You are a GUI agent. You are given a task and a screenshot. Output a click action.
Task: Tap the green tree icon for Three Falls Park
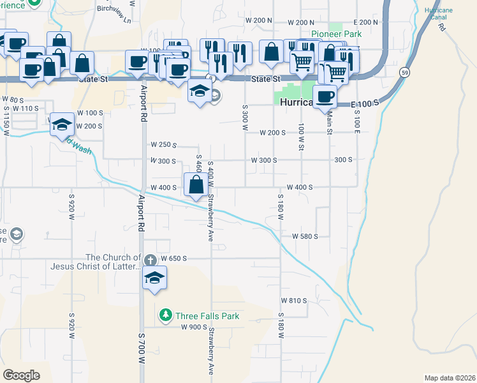166,315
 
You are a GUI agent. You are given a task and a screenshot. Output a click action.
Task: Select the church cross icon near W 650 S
150,260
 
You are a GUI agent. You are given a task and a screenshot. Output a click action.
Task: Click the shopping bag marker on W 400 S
196,185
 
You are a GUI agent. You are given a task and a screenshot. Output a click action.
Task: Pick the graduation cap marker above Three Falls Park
154,278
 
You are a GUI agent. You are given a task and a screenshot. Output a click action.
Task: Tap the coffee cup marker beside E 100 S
325,96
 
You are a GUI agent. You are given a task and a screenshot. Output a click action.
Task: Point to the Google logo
21,375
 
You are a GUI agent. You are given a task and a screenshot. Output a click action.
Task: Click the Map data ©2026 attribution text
450,378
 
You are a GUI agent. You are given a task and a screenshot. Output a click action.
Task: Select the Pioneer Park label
336,34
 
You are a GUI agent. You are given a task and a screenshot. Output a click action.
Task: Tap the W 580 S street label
305,236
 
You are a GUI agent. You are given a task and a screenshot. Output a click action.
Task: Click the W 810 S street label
294,300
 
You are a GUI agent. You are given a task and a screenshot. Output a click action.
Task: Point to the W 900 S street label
194,327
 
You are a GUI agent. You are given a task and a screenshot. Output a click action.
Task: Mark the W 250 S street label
163,145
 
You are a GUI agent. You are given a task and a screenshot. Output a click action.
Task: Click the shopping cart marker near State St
302,63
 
